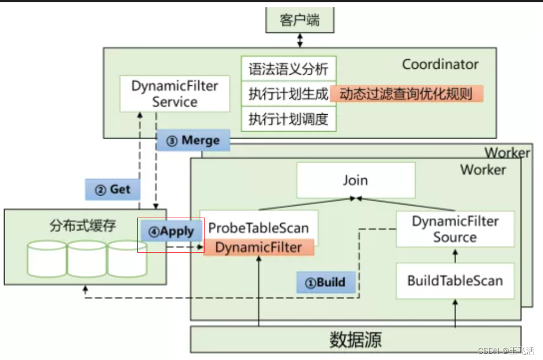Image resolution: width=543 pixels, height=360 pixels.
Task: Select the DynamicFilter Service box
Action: [175, 94]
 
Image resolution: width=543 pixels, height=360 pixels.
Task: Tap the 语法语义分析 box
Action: [288, 70]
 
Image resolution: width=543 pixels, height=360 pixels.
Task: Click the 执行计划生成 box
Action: [288, 94]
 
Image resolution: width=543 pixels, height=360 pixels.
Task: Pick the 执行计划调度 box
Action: [288, 119]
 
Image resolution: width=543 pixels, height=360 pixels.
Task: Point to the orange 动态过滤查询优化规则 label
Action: [406, 93]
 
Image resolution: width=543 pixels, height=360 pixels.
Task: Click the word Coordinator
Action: [440, 64]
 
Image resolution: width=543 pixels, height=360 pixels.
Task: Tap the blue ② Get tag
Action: [113, 189]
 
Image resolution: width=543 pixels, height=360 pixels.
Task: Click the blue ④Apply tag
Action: [171, 231]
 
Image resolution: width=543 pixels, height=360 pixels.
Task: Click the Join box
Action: [355, 180]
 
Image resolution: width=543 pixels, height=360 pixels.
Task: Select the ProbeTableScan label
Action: [259, 228]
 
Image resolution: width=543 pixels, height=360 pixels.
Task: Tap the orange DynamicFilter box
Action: [258, 247]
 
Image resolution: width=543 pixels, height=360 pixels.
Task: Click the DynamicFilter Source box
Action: [455, 229]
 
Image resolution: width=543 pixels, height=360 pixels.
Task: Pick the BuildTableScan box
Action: [455, 280]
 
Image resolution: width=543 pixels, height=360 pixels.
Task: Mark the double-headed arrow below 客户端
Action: [300, 40]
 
